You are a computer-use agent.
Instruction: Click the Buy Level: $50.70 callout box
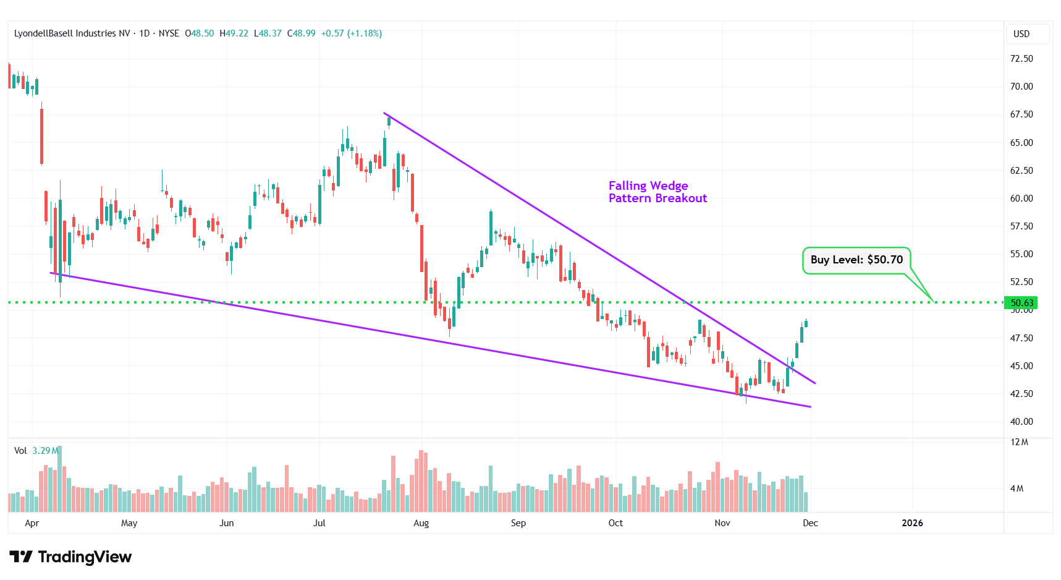(856, 260)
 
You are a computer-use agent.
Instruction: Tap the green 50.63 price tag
(1021, 302)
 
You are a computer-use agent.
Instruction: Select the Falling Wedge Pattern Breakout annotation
(657, 192)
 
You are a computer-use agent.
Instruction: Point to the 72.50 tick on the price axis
(1021, 59)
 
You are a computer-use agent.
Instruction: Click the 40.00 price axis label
(1021, 422)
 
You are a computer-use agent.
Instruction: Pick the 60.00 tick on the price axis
(1021, 198)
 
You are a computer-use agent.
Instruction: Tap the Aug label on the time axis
(421, 523)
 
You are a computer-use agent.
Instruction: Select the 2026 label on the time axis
(912, 523)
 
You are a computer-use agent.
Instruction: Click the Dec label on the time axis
(810, 523)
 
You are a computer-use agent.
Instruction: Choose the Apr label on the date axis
(32, 523)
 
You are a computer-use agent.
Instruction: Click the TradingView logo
(70, 557)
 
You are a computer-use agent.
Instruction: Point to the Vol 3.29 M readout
(36, 451)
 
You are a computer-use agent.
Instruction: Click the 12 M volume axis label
(1019, 442)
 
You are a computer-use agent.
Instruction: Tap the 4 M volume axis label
(1017, 488)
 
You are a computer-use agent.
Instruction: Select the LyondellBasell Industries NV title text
(72, 33)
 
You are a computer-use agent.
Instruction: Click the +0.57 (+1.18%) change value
(351, 33)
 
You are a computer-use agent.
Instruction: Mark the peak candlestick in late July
(389, 121)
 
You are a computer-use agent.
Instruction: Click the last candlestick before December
(806, 323)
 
